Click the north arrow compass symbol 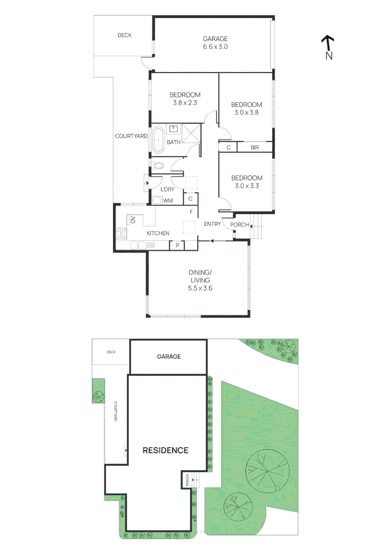tap(328, 43)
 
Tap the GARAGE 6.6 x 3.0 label tap(215, 42)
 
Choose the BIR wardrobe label tap(255, 148)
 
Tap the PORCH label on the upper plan tap(240, 225)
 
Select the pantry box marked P tap(177, 246)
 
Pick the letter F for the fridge tap(191, 212)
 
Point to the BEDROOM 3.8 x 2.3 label tap(185, 99)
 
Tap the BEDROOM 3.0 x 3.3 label tap(246, 182)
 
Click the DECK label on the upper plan tap(124, 35)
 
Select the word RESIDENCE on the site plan tap(165, 450)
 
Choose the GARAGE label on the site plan tap(168, 357)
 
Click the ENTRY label tap(213, 224)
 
